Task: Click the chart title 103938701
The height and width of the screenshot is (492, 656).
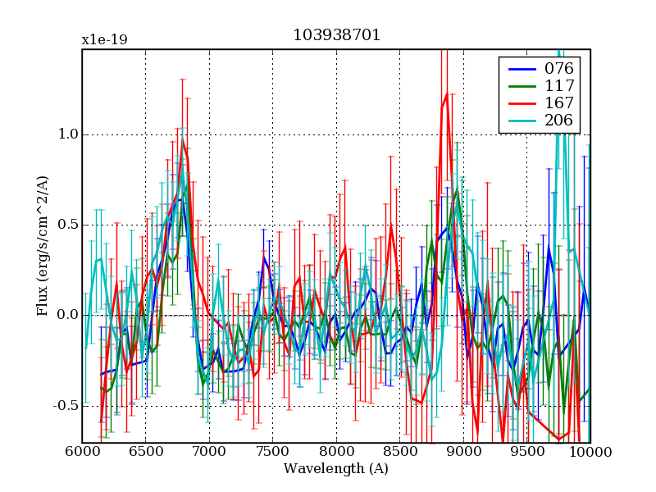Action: click(336, 36)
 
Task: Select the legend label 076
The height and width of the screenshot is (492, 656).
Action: click(559, 68)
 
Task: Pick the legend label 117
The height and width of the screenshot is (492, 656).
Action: click(559, 86)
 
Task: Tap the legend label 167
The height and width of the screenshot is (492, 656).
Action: click(559, 104)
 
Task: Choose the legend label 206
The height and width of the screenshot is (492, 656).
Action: click(559, 122)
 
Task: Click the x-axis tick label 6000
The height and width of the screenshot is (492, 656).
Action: click(82, 453)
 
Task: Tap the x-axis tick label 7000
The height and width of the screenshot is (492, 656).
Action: click(209, 453)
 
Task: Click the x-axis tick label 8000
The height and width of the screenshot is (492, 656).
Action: click(336, 453)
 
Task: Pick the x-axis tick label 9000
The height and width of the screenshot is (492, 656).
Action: click(463, 453)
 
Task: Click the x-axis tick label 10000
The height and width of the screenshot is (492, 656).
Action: click(589, 453)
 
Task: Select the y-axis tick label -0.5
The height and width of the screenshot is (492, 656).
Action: click(61, 406)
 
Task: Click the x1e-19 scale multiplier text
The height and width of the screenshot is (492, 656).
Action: click(104, 39)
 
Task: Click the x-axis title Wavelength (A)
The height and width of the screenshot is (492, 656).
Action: click(336, 469)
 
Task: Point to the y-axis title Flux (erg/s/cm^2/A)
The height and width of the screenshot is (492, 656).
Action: click(42, 246)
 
